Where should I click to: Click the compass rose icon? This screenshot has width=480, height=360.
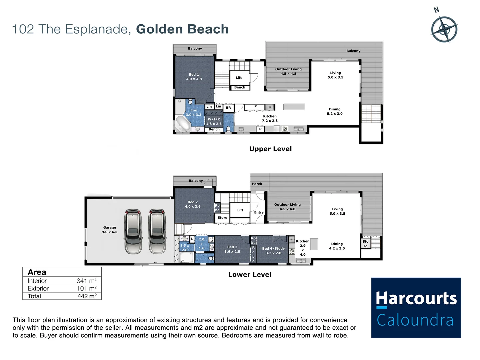(444, 29)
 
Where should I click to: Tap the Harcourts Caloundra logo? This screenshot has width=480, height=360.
(416, 308)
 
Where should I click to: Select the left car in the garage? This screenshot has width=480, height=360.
(133, 231)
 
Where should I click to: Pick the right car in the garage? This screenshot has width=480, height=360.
(157, 231)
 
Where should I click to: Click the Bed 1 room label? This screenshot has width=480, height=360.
(194, 77)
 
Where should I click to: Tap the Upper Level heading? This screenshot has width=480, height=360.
(270, 149)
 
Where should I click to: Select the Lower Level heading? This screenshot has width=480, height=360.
(250, 275)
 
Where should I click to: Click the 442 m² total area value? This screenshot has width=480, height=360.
(87, 296)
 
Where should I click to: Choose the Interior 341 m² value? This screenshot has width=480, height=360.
(86, 281)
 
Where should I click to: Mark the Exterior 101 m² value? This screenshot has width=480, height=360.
(87, 288)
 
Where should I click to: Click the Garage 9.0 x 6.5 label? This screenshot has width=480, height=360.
(110, 230)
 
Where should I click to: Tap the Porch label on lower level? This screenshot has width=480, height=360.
(257, 184)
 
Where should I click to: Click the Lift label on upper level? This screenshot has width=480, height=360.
(239, 78)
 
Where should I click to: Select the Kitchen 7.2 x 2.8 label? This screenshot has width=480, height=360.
(270, 118)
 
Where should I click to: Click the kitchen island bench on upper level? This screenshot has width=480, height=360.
(294, 107)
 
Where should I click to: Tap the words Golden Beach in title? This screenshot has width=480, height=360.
(182, 29)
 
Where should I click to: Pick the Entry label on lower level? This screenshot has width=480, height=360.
(259, 212)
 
